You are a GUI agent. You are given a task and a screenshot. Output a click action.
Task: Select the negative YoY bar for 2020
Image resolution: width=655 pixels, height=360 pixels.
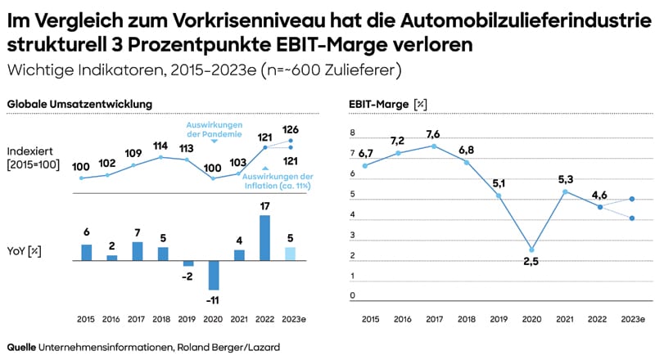point(213,275)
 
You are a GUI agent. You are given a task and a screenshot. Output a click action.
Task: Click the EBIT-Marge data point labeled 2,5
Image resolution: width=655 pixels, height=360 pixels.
point(532,250)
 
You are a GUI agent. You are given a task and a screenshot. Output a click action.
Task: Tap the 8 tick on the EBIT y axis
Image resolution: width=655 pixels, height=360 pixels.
point(354,133)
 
